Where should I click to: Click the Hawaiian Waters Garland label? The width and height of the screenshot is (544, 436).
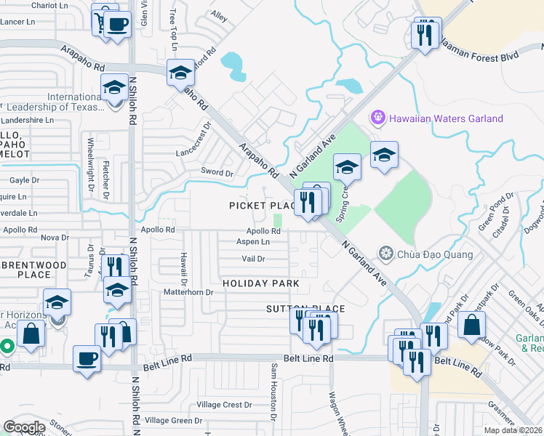pyautogui.click(x=446, y=118)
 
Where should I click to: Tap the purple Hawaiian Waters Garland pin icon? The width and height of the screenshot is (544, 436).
pyautogui.click(x=377, y=117)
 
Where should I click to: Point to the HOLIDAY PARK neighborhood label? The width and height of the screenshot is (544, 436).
pyautogui.click(x=261, y=283)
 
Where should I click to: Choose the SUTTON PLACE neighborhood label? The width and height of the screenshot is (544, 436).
pyautogui.click(x=305, y=309)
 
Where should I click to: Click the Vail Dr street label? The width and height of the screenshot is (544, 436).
pyautogui.click(x=253, y=259)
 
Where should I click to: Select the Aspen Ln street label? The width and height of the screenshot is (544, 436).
pyautogui.click(x=255, y=241)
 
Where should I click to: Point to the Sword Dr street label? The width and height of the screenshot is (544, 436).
pyautogui.click(x=217, y=173)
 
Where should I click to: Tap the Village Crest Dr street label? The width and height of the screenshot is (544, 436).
pyautogui.click(x=225, y=405)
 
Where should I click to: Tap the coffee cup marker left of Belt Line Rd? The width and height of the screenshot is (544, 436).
pyautogui.click(x=87, y=359)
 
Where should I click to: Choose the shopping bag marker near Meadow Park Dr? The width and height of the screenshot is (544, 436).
pyautogui.click(x=472, y=325)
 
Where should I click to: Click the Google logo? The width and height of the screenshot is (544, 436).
pyautogui.click(x=24, y=427)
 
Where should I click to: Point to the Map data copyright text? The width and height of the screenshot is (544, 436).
pyautogui.click(x=514, y=429)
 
